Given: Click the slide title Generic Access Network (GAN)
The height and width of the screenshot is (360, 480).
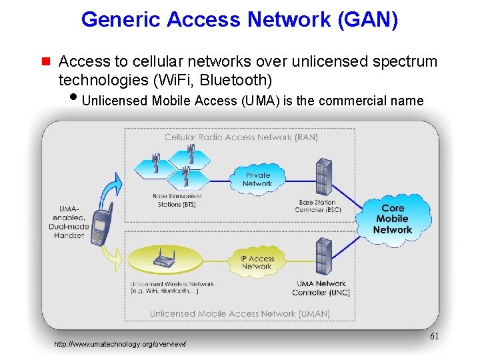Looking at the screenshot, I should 239,19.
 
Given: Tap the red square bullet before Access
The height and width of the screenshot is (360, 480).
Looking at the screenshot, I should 46,62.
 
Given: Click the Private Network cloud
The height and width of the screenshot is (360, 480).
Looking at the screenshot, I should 257,179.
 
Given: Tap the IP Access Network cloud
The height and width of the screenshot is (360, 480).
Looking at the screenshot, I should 257,262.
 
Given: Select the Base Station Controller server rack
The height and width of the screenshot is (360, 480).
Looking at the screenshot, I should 324,176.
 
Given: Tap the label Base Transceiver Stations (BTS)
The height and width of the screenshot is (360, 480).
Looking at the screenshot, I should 177,200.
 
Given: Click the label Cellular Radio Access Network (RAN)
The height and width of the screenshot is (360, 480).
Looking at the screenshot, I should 241,137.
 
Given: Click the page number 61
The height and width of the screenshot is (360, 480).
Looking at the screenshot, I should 434,337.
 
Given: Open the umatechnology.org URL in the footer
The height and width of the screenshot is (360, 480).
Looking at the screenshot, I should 120,344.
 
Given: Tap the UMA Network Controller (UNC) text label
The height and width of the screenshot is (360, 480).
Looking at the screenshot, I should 321,287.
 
